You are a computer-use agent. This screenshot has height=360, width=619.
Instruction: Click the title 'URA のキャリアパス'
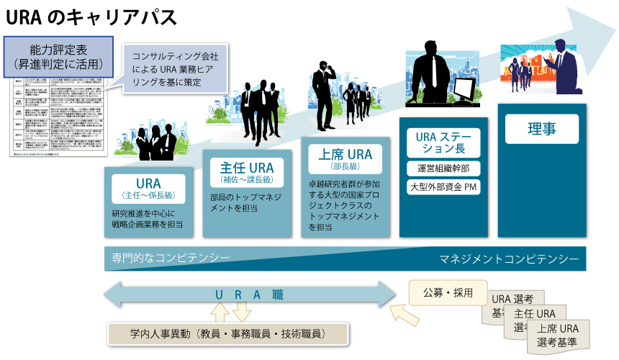coord(91,15)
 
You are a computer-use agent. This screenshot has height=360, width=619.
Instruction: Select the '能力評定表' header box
coord(59,57)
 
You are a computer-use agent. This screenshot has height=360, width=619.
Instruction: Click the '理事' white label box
coord(541,130)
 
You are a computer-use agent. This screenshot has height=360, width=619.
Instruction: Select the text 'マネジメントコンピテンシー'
coord(509,258)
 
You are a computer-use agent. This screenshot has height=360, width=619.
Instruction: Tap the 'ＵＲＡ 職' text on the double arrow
coord(250,295)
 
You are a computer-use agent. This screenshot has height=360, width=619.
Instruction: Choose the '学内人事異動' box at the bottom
coord(227,334)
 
